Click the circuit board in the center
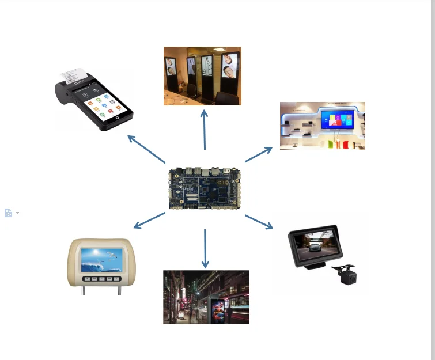point(205,188)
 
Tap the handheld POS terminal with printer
point(95,101)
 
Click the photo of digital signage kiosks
point(202,76)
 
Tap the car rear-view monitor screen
point(312,247)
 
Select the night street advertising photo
point(206,297)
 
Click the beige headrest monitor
point(102,264)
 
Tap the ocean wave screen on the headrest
point(101,260)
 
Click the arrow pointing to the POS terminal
point(146,149)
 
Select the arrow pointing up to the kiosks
point(204,129)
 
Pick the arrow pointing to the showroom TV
point(259,154)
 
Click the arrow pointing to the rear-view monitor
point(259,222)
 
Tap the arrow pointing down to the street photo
point(205,248)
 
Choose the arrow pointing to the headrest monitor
point(149,221)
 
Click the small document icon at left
point(8,213)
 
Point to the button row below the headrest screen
point(102,279)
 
